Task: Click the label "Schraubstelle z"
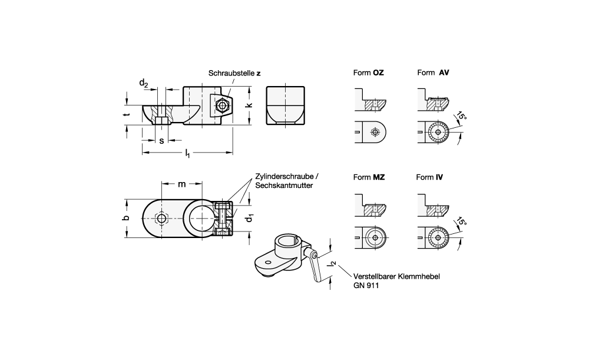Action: point(234,73)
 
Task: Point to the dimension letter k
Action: point(249,105)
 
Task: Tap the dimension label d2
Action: point(144,83)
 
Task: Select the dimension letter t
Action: point(128,114)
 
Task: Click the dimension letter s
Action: point(161,141)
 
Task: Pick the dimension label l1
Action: point(187,153)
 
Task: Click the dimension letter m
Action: point(182,184)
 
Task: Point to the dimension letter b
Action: point(127,218)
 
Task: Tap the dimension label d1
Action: point(249,217)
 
